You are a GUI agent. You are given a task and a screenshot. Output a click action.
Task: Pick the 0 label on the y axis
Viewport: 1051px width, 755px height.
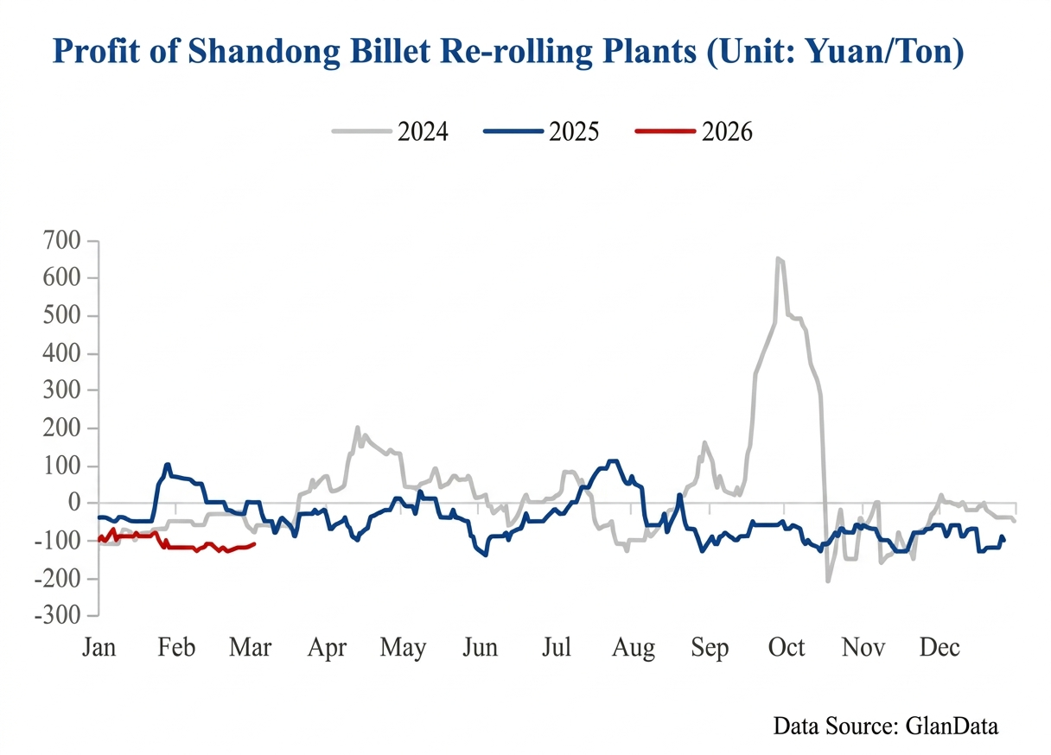click(75, 503)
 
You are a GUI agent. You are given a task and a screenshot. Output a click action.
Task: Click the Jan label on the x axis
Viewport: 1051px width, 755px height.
click(99, 648)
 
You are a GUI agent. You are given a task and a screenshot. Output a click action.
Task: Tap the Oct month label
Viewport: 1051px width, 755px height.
click(787, 648)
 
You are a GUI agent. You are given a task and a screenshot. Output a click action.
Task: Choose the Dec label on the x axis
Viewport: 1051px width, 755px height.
click(939, 648)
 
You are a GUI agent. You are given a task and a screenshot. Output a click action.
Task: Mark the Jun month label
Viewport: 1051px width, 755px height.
click(479, 648)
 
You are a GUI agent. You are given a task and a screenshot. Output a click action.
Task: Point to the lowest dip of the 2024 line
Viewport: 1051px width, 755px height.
click(827, 581)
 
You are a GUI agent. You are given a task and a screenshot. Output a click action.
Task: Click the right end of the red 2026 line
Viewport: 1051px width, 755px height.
click(254, 543)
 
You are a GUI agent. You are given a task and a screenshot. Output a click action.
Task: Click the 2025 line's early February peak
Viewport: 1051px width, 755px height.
click(168, 465)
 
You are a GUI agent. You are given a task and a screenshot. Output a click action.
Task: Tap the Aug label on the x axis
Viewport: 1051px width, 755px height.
click(633, 648)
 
